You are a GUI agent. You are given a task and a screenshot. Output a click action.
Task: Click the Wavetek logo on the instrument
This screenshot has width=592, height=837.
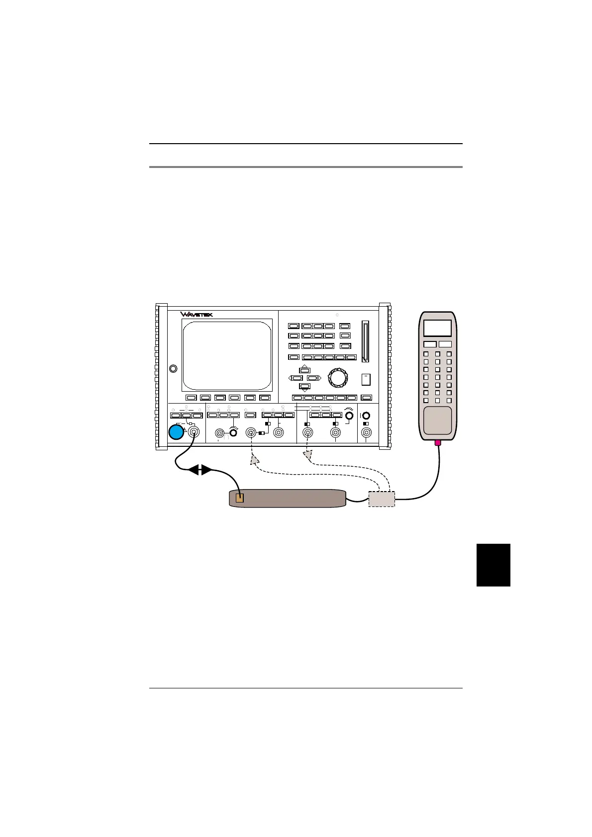[197, 315]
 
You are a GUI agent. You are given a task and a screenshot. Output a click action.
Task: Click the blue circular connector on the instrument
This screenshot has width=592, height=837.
[176, 432]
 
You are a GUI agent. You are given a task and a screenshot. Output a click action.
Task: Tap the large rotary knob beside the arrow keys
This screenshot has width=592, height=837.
[338, 378]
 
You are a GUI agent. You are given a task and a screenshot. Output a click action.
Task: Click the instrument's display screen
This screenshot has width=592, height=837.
[227, 355]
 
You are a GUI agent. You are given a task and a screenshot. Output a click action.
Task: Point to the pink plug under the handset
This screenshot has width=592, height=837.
[438, 443]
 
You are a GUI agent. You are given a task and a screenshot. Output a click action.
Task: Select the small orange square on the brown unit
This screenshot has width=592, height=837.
[240, 498]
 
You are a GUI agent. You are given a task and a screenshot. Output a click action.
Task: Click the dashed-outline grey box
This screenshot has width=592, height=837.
[382, 499]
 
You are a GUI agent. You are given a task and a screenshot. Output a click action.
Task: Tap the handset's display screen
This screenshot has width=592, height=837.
[437, 328]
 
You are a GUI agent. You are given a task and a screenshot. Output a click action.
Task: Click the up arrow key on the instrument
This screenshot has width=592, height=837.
[304, 370]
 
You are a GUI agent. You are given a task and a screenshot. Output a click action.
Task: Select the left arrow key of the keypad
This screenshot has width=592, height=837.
[296, 378]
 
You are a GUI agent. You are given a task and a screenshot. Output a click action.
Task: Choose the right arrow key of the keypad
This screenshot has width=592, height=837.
[313, 378]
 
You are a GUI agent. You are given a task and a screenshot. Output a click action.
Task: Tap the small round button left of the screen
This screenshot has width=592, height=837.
[173, 368]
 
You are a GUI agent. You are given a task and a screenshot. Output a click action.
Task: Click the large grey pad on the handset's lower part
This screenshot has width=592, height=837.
[437, 420]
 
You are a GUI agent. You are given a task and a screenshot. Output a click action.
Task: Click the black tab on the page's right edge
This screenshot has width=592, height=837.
[493, 565]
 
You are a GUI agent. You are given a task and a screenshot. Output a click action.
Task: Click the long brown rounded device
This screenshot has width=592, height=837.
[288, 499]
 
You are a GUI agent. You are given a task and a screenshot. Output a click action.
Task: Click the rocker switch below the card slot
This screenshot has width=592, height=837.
[366, 379]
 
